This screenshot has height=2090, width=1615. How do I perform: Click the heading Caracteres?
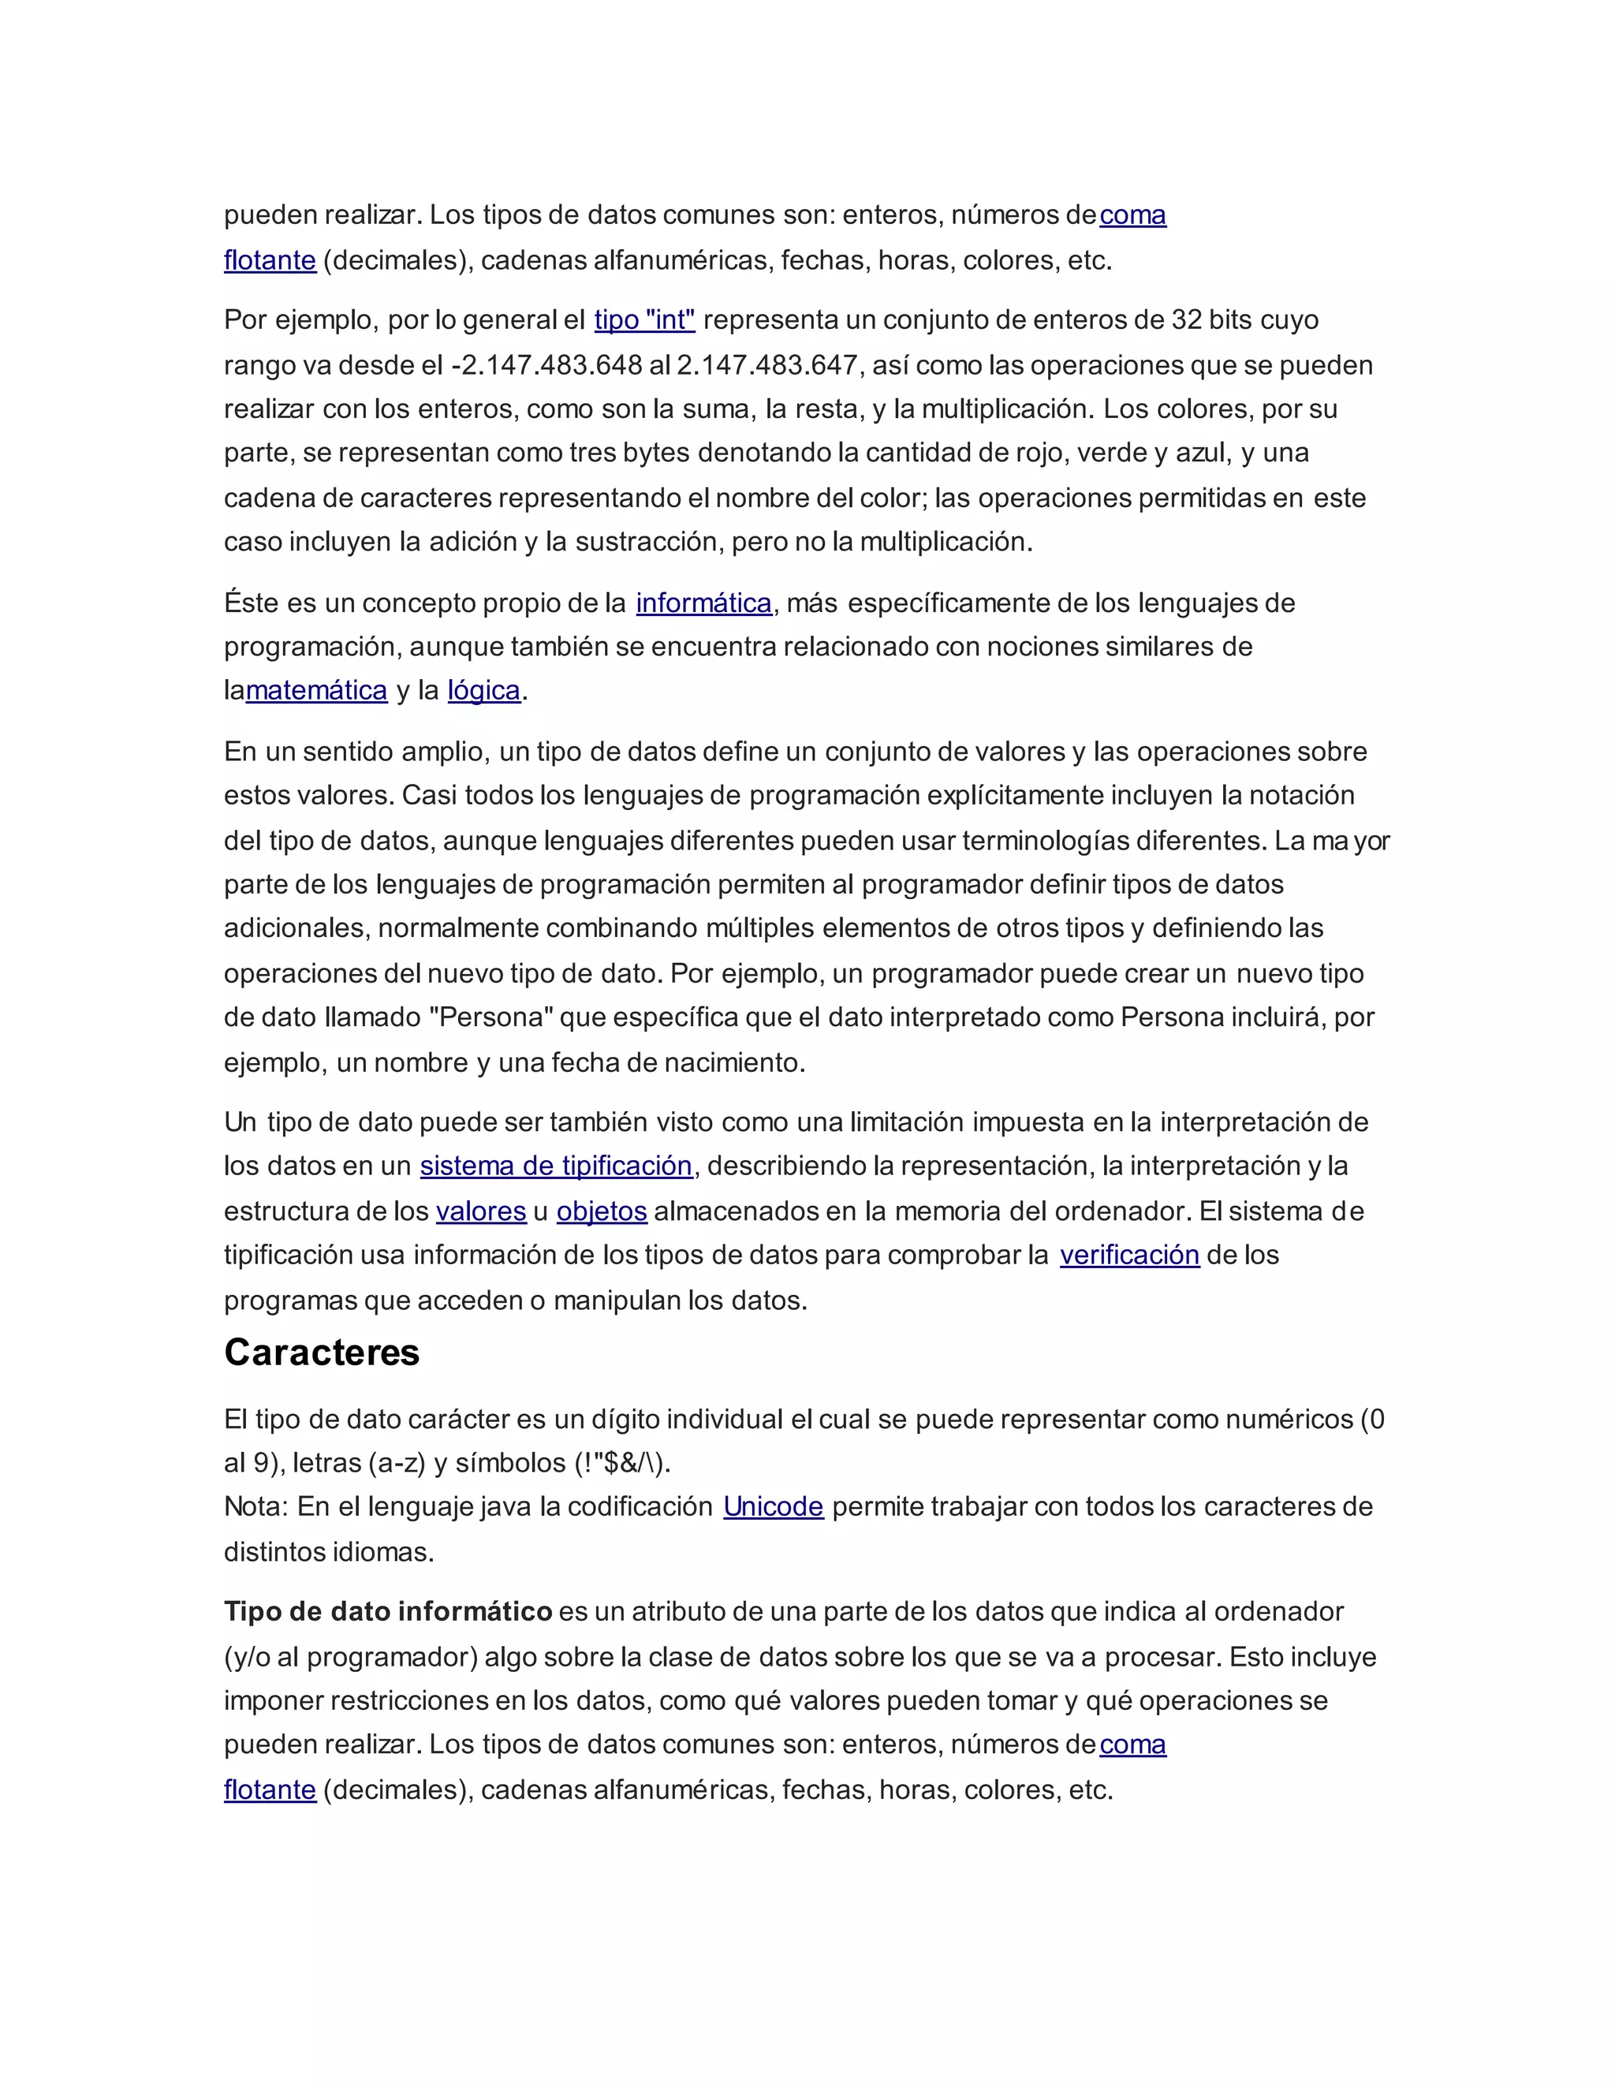tap(322, 1352)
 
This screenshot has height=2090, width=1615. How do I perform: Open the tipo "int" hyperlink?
tap(644, 319)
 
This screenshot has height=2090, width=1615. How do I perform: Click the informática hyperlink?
tap(703, 603)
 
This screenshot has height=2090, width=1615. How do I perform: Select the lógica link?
tap(483, 690)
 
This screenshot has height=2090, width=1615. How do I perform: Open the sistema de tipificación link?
tap(556, 1166)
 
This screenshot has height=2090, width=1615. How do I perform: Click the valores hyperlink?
tap(480, 1211)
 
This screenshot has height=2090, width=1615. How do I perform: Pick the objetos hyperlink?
tap(602, 1211)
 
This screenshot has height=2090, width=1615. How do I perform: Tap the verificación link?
tap(1129, 1255)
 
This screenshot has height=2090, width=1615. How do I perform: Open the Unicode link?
tap(773, 1506)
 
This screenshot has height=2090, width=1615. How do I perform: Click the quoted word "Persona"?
tap(492, 1017)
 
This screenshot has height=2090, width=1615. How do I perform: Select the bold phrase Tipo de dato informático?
tap(387, 1611)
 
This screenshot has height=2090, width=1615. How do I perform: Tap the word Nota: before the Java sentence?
tap(255, 1506)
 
